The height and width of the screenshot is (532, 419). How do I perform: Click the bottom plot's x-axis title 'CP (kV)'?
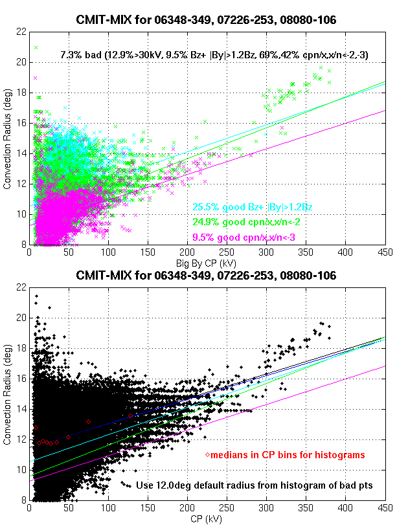click(205, 519)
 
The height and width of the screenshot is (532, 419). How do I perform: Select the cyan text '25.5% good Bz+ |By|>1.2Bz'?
click(253, 208)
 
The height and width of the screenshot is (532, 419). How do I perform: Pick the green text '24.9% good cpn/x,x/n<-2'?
click(246, 221)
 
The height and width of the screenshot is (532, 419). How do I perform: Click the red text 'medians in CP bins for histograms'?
click(288, 456)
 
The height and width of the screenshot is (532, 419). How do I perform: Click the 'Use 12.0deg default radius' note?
click(255, 485)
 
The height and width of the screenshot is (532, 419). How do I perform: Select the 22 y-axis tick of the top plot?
click(22, 31)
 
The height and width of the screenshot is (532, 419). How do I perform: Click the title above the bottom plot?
click(206, 275)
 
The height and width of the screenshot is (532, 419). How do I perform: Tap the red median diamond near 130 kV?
click(130, 416)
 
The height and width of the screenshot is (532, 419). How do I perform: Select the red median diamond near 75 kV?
click(88, 422)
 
